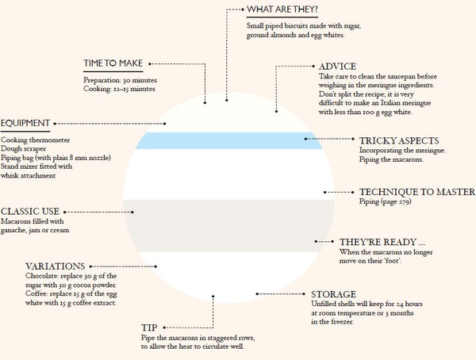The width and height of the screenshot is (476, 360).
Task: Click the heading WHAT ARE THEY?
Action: [282, 10]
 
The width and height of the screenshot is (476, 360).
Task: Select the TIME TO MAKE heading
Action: [113, 63]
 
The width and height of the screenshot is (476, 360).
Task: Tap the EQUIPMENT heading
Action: [25, 123]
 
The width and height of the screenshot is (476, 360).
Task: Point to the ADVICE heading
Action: [337, 67]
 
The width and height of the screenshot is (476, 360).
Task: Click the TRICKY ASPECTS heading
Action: [399, 141]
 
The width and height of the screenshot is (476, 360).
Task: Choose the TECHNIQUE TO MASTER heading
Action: [417, 192]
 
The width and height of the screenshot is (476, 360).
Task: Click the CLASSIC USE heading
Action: [30, 211]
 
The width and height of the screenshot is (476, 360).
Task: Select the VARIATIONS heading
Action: [55, 266]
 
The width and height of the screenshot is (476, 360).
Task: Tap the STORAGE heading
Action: [334, 294]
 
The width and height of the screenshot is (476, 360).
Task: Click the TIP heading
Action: [149, 327]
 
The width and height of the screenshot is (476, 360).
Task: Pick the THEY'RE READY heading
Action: [382, 242]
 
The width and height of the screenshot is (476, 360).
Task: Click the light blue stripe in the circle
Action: [229, 140]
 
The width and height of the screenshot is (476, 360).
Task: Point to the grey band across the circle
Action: [229, 225]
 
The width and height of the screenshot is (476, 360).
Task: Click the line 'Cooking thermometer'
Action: [35, 140]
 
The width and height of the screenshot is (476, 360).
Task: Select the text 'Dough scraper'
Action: [23, 149]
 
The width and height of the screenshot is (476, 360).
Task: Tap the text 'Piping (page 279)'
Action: [386, 201]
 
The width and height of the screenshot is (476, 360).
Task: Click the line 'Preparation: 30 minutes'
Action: [121, 80]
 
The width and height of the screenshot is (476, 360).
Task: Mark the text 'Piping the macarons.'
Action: [391, 159]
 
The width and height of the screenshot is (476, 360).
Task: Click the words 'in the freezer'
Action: [332, 322]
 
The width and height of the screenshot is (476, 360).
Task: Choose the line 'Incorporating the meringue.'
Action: [402, 150]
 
